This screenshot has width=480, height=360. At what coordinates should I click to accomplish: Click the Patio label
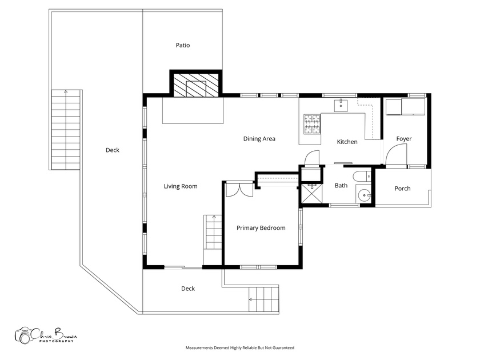pos(183,45)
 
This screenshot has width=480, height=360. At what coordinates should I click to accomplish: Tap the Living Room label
pos(181,186)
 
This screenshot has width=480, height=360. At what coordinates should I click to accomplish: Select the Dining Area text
pos(259,139)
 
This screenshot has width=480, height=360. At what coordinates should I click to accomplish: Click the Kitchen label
pos(347,142)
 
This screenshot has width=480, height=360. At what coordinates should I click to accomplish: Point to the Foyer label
pos(404,139)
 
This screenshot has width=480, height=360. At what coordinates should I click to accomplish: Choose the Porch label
pos(402,189)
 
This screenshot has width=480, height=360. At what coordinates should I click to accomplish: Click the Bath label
pos(341,186)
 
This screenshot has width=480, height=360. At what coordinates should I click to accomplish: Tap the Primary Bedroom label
pos(261,228)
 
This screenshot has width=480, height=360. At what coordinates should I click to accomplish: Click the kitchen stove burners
pos(312,124)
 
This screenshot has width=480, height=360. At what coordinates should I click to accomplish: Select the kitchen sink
pos(341,105)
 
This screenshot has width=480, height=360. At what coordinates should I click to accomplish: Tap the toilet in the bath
pos(362,177)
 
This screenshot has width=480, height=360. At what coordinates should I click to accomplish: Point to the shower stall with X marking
pos(312,193)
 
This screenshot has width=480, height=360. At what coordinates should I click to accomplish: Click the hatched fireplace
pos(196,84)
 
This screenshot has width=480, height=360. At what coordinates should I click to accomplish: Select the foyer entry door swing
pos(395,155)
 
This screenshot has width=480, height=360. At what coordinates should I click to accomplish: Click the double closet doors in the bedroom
pos(239,189)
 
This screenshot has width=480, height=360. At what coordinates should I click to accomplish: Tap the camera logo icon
pos(23,335)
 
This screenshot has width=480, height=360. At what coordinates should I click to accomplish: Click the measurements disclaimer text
pos(239,348)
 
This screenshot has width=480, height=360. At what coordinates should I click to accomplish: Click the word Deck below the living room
pos(188,289)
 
